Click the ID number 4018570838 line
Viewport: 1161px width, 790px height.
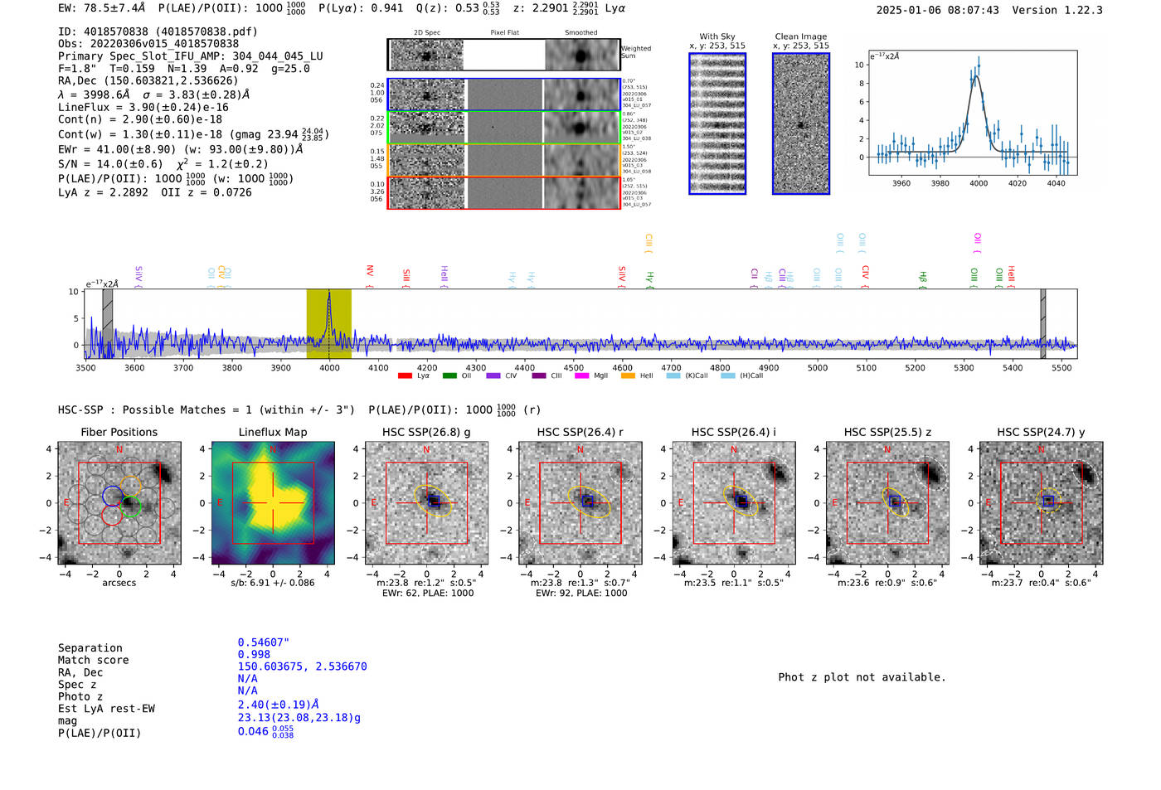(x=158, y=32)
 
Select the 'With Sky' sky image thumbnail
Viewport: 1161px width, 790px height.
(x=717, y=124)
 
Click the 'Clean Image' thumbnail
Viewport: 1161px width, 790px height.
(x=801, y=124)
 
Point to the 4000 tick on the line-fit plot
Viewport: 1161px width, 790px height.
(x=979, y=183)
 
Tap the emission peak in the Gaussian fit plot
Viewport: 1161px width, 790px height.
(x=977, y=76)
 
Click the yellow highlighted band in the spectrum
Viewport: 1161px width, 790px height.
(x=329, y=323)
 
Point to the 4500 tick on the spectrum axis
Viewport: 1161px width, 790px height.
(x=574, y=367)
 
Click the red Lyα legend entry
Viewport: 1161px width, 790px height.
(x=414, y=376)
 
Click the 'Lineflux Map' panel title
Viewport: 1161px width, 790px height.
(x=273, y=432)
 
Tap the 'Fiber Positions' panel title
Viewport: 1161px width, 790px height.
(x=119, y=432)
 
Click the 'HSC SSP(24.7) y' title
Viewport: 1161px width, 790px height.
(x=1041, y=432)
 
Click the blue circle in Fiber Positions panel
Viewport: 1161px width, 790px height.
(x=113, y=496)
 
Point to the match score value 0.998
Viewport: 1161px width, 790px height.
(x=254, y=655)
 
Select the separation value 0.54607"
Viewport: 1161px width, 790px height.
(x=263, y=642)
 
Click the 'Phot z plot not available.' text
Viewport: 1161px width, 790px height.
(x=862, y=677)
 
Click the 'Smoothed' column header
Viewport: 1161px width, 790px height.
(x=580, y=33)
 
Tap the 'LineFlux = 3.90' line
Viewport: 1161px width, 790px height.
(x=143, y=107)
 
